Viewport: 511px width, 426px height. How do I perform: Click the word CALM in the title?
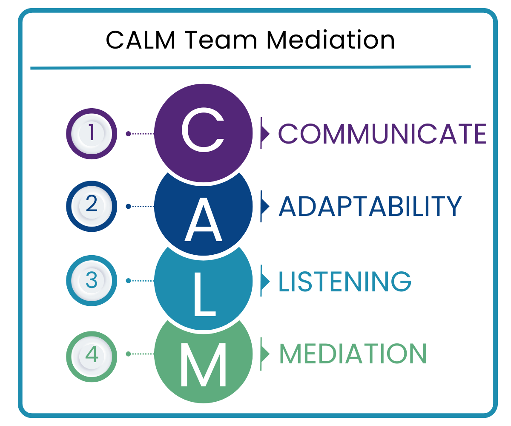[x=135, y=40]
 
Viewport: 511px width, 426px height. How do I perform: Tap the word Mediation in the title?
[x=330, y=40]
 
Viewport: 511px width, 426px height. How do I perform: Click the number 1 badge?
[x=92, y=133]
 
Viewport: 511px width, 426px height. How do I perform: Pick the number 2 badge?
[x=92, y=207]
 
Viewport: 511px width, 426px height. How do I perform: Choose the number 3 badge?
[x=92, y=281]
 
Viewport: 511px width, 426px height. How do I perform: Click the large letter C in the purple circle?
[x=203, y=130]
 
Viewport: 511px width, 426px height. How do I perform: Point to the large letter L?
[x=204, y=294]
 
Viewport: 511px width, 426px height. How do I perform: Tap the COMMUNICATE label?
[x=382, y=133]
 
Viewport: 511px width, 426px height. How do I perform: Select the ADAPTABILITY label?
[x=370, y=207]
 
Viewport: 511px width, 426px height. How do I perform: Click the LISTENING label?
[x=345, y=281]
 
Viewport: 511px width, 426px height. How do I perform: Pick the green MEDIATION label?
[x=353, y=354]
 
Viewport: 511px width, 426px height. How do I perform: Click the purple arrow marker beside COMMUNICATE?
[x=265, y=133]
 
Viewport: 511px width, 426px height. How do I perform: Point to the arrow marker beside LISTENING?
[x=265, y=281]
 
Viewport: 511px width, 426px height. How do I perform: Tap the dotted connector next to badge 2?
[x=141, y=207]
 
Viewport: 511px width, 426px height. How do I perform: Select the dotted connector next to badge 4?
[x=141, y=354]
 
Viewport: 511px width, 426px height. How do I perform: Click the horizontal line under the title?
[x=250, y=67]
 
